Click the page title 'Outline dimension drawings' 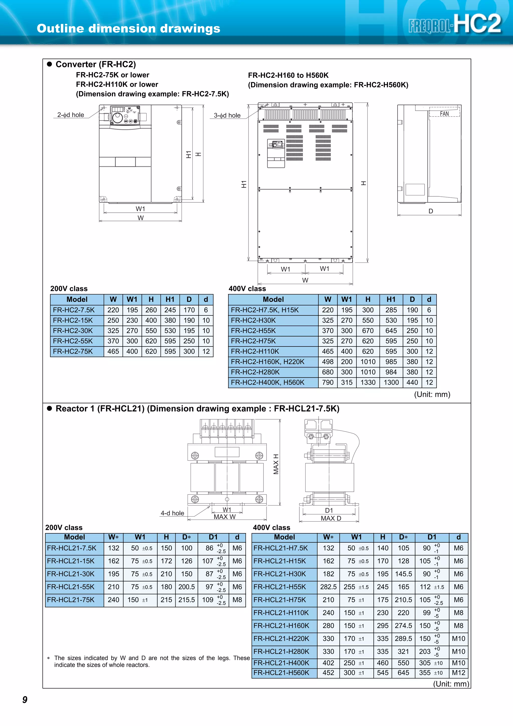coord(128,29)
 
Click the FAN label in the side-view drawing coord(444,113)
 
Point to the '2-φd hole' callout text coord(70,115)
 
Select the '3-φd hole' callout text coord(227,115)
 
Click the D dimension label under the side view coord(431,211)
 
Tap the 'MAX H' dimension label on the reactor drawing coord(276,464)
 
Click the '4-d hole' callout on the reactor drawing coord(172,513)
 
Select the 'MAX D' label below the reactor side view coord(331,518)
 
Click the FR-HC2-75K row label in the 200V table coord(73,351)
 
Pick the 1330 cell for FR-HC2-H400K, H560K coord(368,382)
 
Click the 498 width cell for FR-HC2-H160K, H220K coord(328,362)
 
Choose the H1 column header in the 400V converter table coord(391,299)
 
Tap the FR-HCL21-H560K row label coord(281,673)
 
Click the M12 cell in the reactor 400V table coord(458,673)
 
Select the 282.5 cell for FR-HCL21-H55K coord(328,587)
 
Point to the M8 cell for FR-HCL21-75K coord(237,600)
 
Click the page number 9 coord(25,700)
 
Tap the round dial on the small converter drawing coord(117,118)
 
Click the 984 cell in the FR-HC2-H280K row coord(391,372)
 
